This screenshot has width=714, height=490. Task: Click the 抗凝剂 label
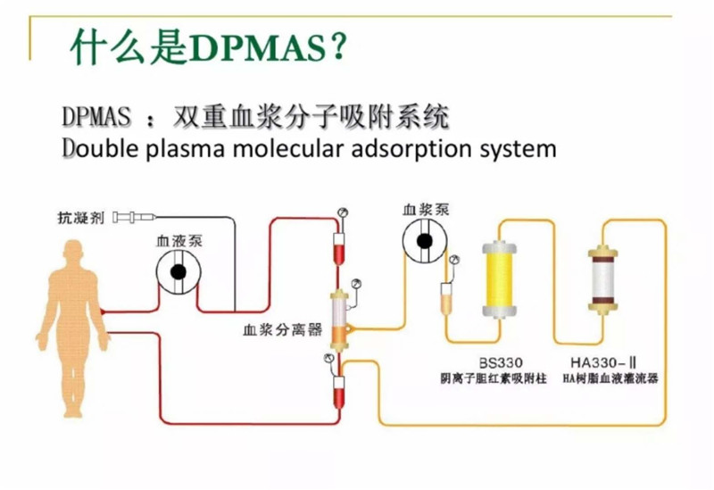coord(79,217)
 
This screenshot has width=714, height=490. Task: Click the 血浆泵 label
coord(427,210)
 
